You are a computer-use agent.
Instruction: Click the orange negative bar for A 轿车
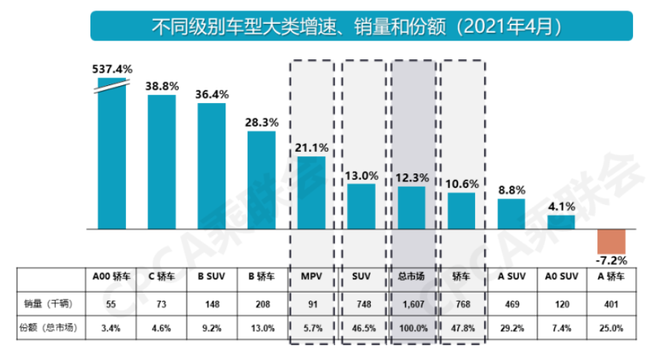(x=612, y=242)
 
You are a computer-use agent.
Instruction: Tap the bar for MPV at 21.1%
(x=311, y=193)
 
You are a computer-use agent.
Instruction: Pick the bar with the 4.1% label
(x=561, y=221)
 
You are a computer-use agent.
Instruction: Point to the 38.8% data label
(x=162, y=86)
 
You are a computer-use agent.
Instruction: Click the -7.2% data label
(x=612, y=261)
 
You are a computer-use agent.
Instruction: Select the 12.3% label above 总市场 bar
(x=411, y=177)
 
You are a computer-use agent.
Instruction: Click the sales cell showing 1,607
(x=411, y=304)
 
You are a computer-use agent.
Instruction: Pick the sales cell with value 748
(x=362, y=304)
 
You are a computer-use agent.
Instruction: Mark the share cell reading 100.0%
(x=411, y=327)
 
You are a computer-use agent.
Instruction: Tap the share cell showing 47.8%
(x=462, y=327)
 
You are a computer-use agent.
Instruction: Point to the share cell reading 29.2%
(x=511, y=327)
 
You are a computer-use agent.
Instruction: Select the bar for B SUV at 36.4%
(x=211, y=166)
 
